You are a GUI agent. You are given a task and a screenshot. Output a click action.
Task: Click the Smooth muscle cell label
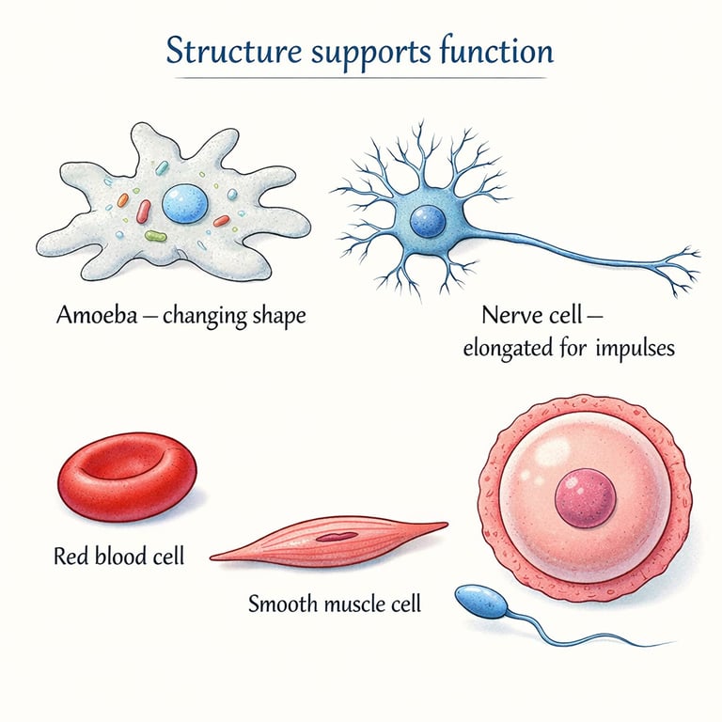click(x=334, y=603)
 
